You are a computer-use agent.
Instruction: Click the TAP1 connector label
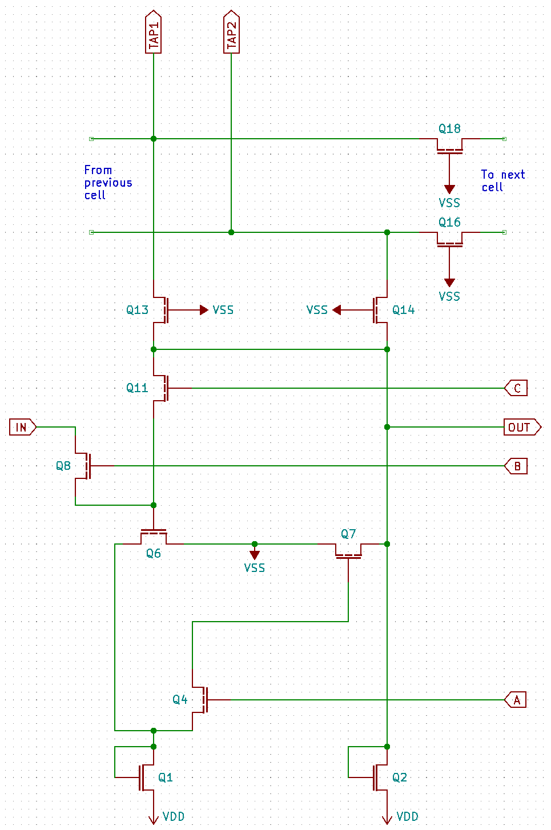coord(154,33)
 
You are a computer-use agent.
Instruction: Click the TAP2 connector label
coord(231,33)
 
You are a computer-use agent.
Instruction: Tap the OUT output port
coord(521,427)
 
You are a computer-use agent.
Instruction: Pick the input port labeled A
coord(516,699)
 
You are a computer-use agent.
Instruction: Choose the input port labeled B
coord(516,466)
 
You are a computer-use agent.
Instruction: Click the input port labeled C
coord(516,388)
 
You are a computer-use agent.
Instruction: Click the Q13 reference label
coord(137,310)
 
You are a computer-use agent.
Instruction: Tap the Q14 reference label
coord(403,310)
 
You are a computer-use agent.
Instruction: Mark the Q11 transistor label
coord(137,388)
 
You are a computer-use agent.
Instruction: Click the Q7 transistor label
coord(348,534)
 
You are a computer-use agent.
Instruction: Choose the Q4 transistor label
coord(180,699)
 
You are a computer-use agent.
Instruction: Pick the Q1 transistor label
coord(166,777)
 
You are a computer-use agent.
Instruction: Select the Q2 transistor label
coord(400,777)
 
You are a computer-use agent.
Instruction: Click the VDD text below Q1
coord(174,816)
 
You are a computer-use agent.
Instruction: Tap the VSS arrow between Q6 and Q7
coord(255,554)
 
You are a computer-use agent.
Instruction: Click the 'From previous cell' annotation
coord(108,183)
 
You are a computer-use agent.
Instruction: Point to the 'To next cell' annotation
coord(502,180)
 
